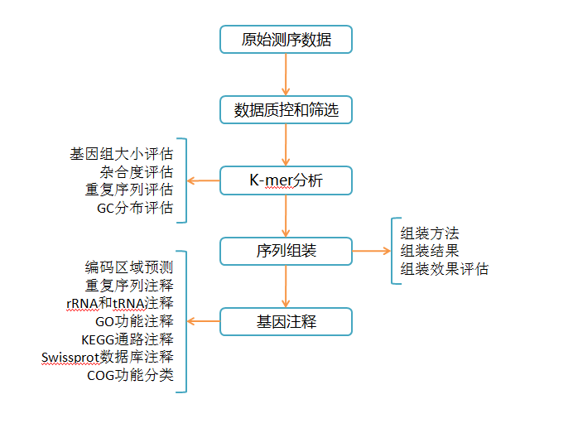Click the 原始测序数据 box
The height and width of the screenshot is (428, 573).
(286, 39)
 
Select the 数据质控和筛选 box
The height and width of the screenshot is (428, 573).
(286, 109)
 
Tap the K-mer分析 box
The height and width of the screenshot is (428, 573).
(286, 180)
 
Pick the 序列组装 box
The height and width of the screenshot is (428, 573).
(286, 251)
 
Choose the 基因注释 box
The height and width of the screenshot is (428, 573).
(286, 321)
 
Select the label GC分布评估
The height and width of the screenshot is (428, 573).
(135, 208)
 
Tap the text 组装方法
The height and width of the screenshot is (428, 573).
(430, 233)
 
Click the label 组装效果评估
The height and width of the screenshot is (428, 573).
(445, 269)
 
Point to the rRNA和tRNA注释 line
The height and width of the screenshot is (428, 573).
(120, 303)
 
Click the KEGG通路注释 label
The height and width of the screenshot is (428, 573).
(128, 339)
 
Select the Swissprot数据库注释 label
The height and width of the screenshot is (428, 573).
(108, 358)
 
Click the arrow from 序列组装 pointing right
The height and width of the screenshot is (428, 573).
(371, 251)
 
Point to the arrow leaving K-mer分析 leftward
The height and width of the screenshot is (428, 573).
(203, 180)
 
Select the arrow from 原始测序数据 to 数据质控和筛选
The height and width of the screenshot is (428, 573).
(286, 74)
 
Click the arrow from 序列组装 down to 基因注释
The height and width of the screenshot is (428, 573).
(286, 286)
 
